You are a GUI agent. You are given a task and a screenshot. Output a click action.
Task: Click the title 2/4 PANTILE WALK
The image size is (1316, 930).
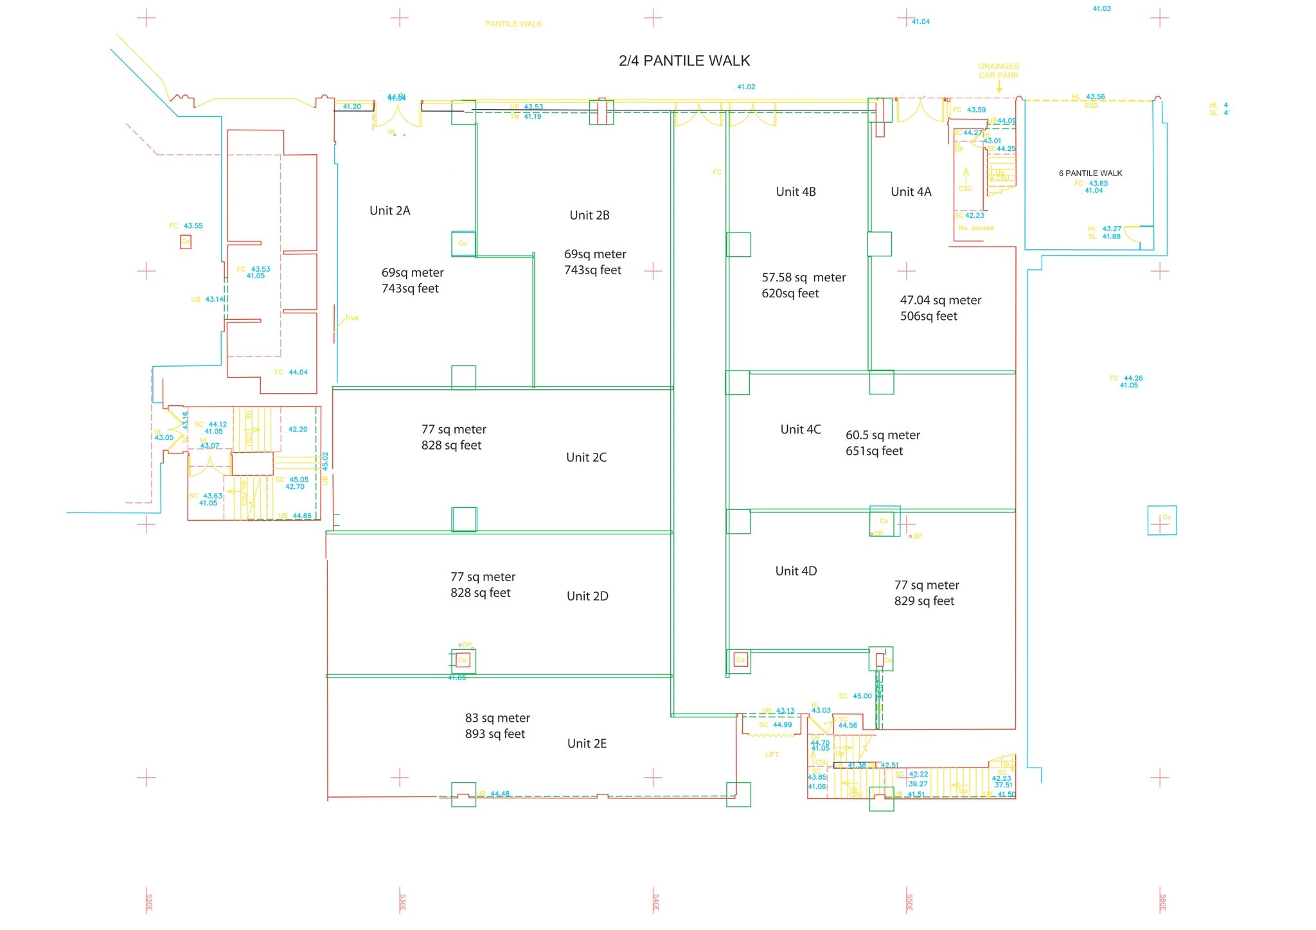coord(684,61)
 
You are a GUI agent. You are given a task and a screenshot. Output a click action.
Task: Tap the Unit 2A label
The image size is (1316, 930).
coord(389,211)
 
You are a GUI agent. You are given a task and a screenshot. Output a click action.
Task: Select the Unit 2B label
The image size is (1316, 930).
coord(589,215)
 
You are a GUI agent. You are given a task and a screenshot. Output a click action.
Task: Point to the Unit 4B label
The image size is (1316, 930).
coord(796,192)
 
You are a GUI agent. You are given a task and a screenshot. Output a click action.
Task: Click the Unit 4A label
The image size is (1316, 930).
coord(911,192)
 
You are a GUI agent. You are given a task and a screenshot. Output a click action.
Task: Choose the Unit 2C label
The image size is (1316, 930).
coord(586,457)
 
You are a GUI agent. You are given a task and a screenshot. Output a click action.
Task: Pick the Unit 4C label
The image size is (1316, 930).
coord(800,430)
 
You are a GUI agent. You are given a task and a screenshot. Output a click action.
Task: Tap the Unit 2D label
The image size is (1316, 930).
coord(587,596)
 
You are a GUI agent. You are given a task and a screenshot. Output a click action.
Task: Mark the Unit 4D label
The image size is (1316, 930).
coord(796,571)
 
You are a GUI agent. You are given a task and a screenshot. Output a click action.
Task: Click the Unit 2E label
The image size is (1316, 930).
coord(587,743)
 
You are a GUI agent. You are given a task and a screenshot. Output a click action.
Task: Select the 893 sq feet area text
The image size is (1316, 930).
coord(495,733)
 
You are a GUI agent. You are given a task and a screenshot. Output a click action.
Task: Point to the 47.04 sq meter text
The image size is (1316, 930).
coord(940,300)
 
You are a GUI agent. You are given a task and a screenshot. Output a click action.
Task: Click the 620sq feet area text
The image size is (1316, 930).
coord(790,294)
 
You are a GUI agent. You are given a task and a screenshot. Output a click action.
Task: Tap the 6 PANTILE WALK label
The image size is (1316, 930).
coord(1090,173)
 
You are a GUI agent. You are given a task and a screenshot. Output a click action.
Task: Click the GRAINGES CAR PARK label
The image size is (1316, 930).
coord(998,71)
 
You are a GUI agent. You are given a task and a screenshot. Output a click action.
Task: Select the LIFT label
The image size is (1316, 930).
coord(772,755)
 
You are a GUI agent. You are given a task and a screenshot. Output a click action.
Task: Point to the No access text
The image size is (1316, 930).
coord(975,228)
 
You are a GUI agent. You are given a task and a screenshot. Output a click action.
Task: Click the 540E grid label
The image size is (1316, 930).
coord(655,902)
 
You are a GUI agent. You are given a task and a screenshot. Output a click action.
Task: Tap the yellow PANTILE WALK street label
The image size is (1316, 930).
coord(513,24)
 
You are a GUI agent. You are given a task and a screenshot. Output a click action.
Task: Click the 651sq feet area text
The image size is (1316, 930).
coord(874,451)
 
